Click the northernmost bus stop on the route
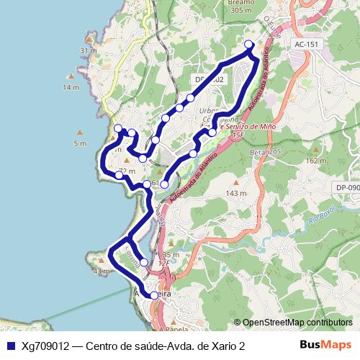click(x=249, y=45)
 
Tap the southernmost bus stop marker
click(x=154, y=295)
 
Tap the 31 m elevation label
click(x=89, y=50)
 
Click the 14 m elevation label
click(x=71, y=87)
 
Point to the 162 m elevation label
click(x=316, y=161)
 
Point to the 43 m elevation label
click(x=99, y=271)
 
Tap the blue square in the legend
click(x=10, y=346)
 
